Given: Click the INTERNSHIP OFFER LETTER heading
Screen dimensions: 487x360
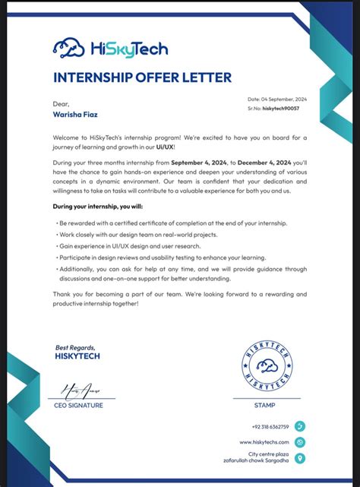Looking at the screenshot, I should coord(142,77).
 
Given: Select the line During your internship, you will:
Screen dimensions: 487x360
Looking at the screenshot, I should coord(97,206).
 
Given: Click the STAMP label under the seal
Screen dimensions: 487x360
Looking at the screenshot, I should coord(265,405).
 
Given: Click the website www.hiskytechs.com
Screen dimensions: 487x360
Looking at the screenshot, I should coord(264,441).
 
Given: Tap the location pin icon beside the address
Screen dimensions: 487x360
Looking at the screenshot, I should coord(300,458).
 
